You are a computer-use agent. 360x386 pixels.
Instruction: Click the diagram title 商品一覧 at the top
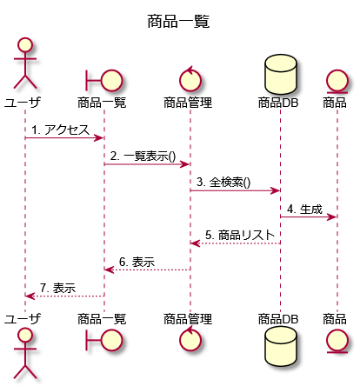tap(178, 22)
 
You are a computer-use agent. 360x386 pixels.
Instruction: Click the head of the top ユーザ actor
tap(25, 44)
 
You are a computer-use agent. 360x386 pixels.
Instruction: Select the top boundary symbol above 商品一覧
tap(104, 80)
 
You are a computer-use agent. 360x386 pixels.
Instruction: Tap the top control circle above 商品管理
tap(190, 79)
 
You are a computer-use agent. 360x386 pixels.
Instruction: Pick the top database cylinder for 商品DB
tap(281, 73)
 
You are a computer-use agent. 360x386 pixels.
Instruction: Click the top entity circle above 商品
tap(337, 81)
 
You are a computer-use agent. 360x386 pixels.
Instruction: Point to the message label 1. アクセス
tap(60, 130)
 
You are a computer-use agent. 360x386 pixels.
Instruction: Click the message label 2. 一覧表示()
tap(143, 156)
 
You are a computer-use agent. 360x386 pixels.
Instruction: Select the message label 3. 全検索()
tap(223, 183)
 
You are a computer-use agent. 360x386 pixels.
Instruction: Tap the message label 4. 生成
tap(304, 209)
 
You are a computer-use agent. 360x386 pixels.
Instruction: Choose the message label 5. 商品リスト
tap(240, 235)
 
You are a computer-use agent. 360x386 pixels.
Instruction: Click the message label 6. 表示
tap(137, 262)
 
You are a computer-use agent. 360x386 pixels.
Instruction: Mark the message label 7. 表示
tap(58, 288)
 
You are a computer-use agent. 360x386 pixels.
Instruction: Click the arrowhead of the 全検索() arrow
tap(275, 190)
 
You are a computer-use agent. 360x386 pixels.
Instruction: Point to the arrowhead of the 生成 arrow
tap(332, 217)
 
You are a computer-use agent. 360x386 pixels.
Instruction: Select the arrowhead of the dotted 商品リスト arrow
tap(196, 243)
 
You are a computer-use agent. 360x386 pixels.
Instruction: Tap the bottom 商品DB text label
tap(278, 319)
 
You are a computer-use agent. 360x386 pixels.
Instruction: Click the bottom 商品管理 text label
tap(188, 319)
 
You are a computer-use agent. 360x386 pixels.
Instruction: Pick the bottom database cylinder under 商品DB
tap(281, 346)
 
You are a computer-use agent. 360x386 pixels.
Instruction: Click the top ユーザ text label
tap(23, 103)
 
